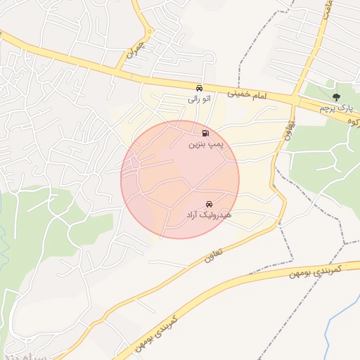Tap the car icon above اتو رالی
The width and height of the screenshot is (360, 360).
[200, 89]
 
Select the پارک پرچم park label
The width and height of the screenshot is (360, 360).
[334, 108]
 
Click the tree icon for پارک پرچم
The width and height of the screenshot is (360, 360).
[335, 97]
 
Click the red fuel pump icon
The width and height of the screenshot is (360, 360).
[205, 133]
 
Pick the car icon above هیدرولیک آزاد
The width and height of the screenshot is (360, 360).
[209, 204]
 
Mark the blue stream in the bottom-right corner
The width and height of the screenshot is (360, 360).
[345, 330]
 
